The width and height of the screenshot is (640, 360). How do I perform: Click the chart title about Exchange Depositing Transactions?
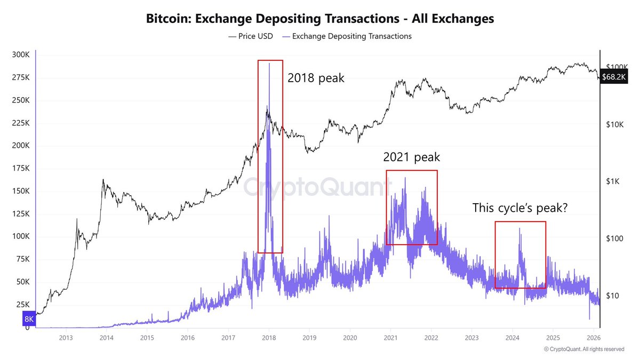tap(319, 19)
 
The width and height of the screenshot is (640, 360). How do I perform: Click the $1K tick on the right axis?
tap(613, 181)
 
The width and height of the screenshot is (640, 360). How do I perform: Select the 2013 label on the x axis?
tap(66, 338)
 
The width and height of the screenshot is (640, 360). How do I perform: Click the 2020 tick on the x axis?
tap(350, 338)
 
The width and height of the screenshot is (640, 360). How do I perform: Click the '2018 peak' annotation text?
tap(316, 78)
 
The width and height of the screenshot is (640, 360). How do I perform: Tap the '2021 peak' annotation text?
tap(412, 157)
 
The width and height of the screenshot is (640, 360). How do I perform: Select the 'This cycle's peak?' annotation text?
tap(520, 208)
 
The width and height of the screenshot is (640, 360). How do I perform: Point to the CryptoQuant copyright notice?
tap(584, 349)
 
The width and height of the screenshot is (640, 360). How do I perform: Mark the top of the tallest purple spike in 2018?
tap(269, 63)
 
